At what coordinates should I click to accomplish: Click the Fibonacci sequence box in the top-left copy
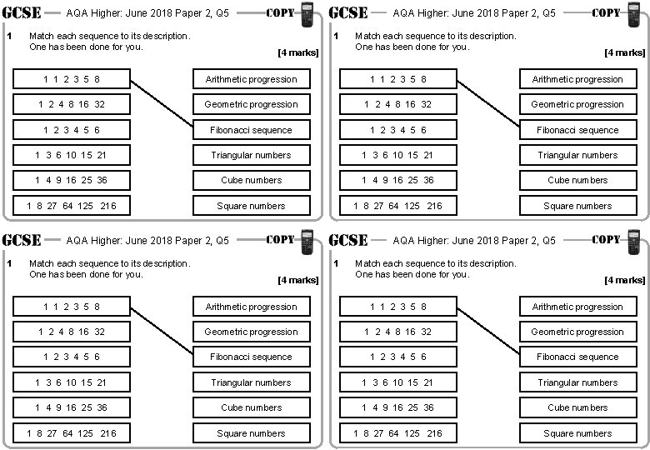(251, 130)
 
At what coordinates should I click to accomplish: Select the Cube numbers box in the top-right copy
(577, 180)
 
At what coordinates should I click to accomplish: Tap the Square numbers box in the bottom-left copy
(251, 433)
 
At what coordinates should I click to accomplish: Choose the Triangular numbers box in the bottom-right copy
(577, 382)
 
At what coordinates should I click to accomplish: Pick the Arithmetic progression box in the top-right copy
(577, 79)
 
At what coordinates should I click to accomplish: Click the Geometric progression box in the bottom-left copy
(251, 332)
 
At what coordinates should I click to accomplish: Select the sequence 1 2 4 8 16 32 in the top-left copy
(72, 104)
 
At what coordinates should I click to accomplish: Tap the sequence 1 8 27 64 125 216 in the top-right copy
(398, 206)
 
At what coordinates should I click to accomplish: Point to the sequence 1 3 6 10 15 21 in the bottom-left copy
(72, 382)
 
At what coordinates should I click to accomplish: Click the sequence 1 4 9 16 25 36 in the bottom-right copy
(398, 407)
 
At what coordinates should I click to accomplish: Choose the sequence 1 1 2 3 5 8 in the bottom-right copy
(398, 307)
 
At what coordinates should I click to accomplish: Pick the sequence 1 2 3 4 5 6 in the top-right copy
(398, 130)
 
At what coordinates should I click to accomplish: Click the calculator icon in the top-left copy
(307, 15)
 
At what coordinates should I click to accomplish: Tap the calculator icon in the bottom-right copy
(633, 242)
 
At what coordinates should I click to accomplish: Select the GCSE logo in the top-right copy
(348, 12)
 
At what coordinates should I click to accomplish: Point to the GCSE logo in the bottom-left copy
(22, 240)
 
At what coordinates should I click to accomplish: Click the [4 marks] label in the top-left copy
(297, 52)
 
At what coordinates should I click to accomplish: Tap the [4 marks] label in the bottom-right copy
(624, 280)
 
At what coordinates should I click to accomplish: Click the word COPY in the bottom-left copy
(280, 240)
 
